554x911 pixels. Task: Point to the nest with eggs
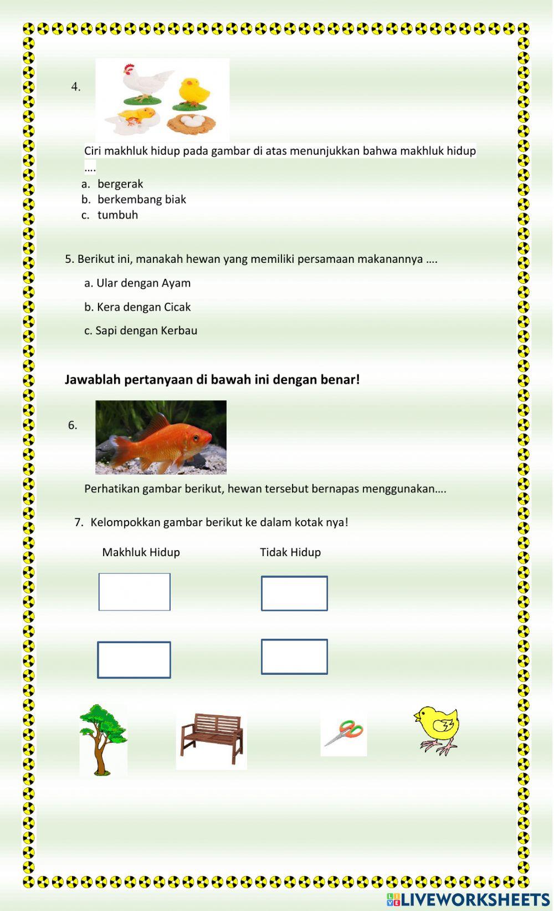click(x=192, y=123)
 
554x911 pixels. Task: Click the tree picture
click(x=102, y=739)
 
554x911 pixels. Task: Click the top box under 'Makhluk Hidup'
click(x=135, y=592)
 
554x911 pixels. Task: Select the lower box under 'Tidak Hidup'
click(x=294, y=657)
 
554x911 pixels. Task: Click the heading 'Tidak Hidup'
click(x=290, y=552)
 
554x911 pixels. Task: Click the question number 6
click(x=73, y=425)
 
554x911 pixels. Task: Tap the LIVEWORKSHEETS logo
click(x=468, y=899)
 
